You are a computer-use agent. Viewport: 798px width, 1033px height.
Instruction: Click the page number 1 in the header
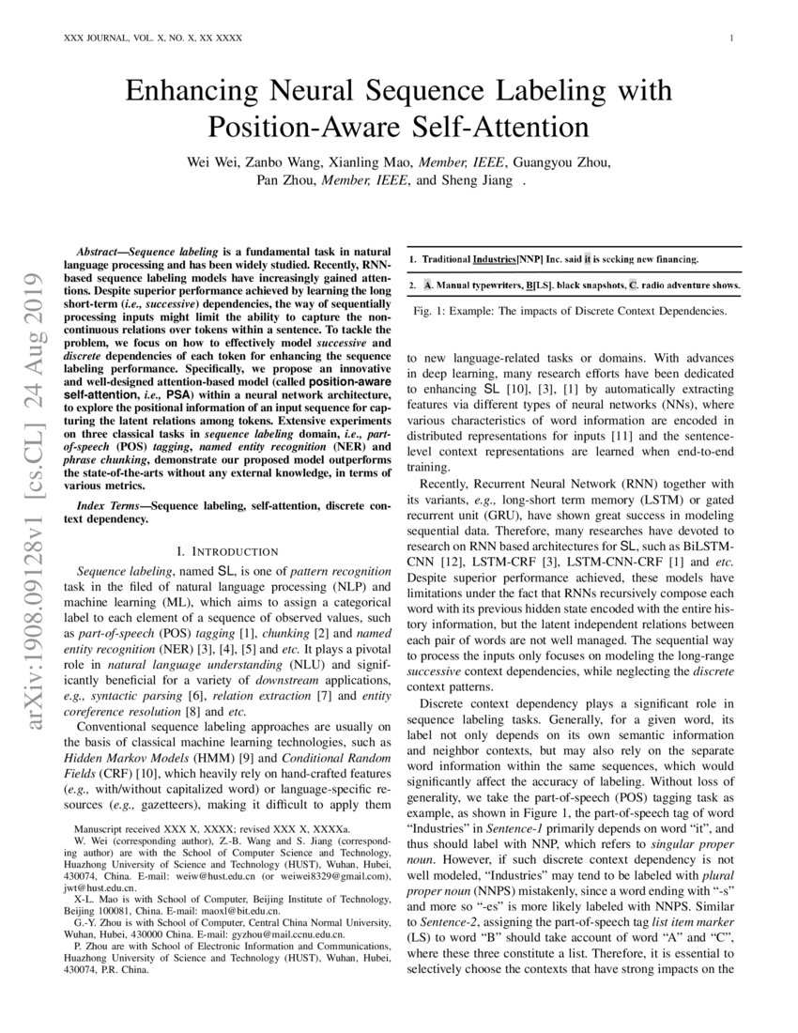click(x=729, y=38)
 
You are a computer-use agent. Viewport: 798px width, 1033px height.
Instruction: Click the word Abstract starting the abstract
click(x=98, y=254)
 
